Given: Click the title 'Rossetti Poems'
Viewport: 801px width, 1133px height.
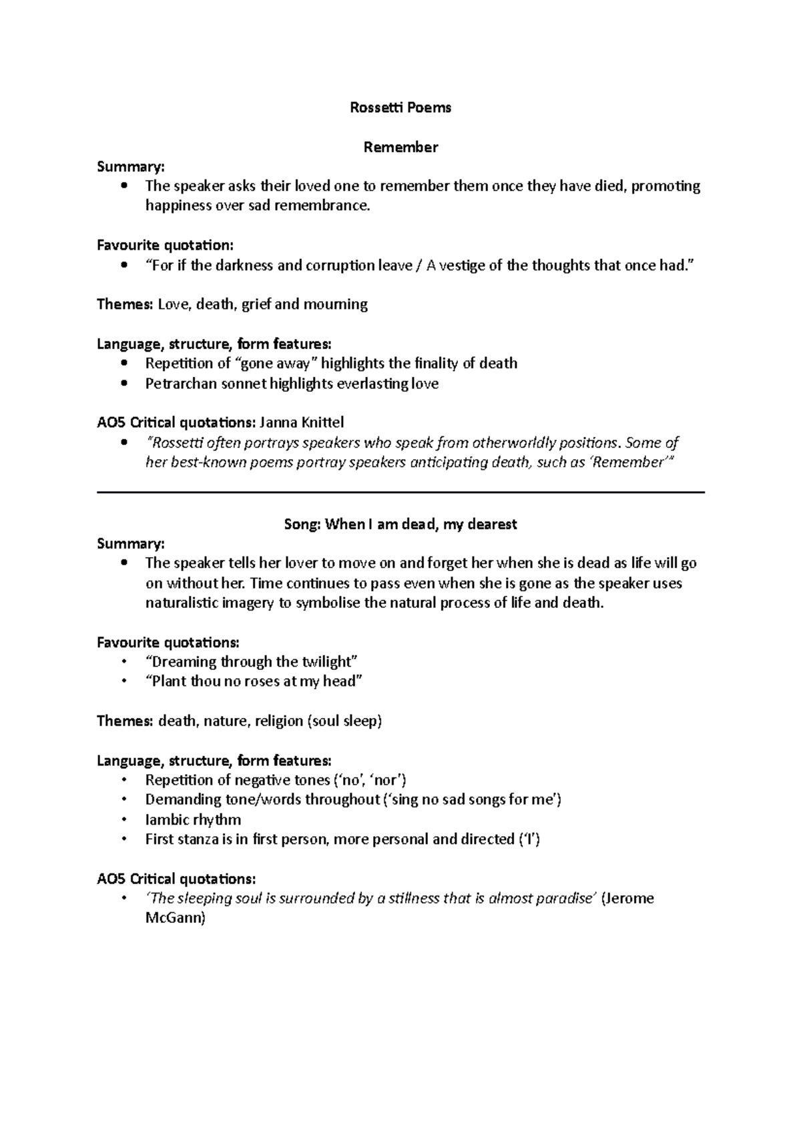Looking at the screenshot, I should coord(400,107).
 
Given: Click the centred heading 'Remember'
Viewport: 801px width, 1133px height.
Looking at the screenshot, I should coord(400,147).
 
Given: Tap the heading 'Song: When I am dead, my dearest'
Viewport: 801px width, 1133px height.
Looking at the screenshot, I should coord(400,524).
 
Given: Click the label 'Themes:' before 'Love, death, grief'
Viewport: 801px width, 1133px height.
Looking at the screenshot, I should coord(125,305).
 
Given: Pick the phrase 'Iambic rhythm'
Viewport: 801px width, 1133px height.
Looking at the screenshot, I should coord(193,820).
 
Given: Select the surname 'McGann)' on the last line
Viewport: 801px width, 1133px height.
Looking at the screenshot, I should coord(176,918).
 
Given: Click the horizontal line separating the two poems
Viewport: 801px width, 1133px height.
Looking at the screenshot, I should coord(400,492).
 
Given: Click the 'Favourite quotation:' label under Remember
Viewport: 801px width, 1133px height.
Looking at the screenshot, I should coord(166,246).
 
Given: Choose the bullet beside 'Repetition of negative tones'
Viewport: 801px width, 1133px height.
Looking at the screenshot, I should coord(124,781).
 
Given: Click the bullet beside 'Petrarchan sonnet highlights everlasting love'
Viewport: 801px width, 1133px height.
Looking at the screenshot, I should coord(124,384).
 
